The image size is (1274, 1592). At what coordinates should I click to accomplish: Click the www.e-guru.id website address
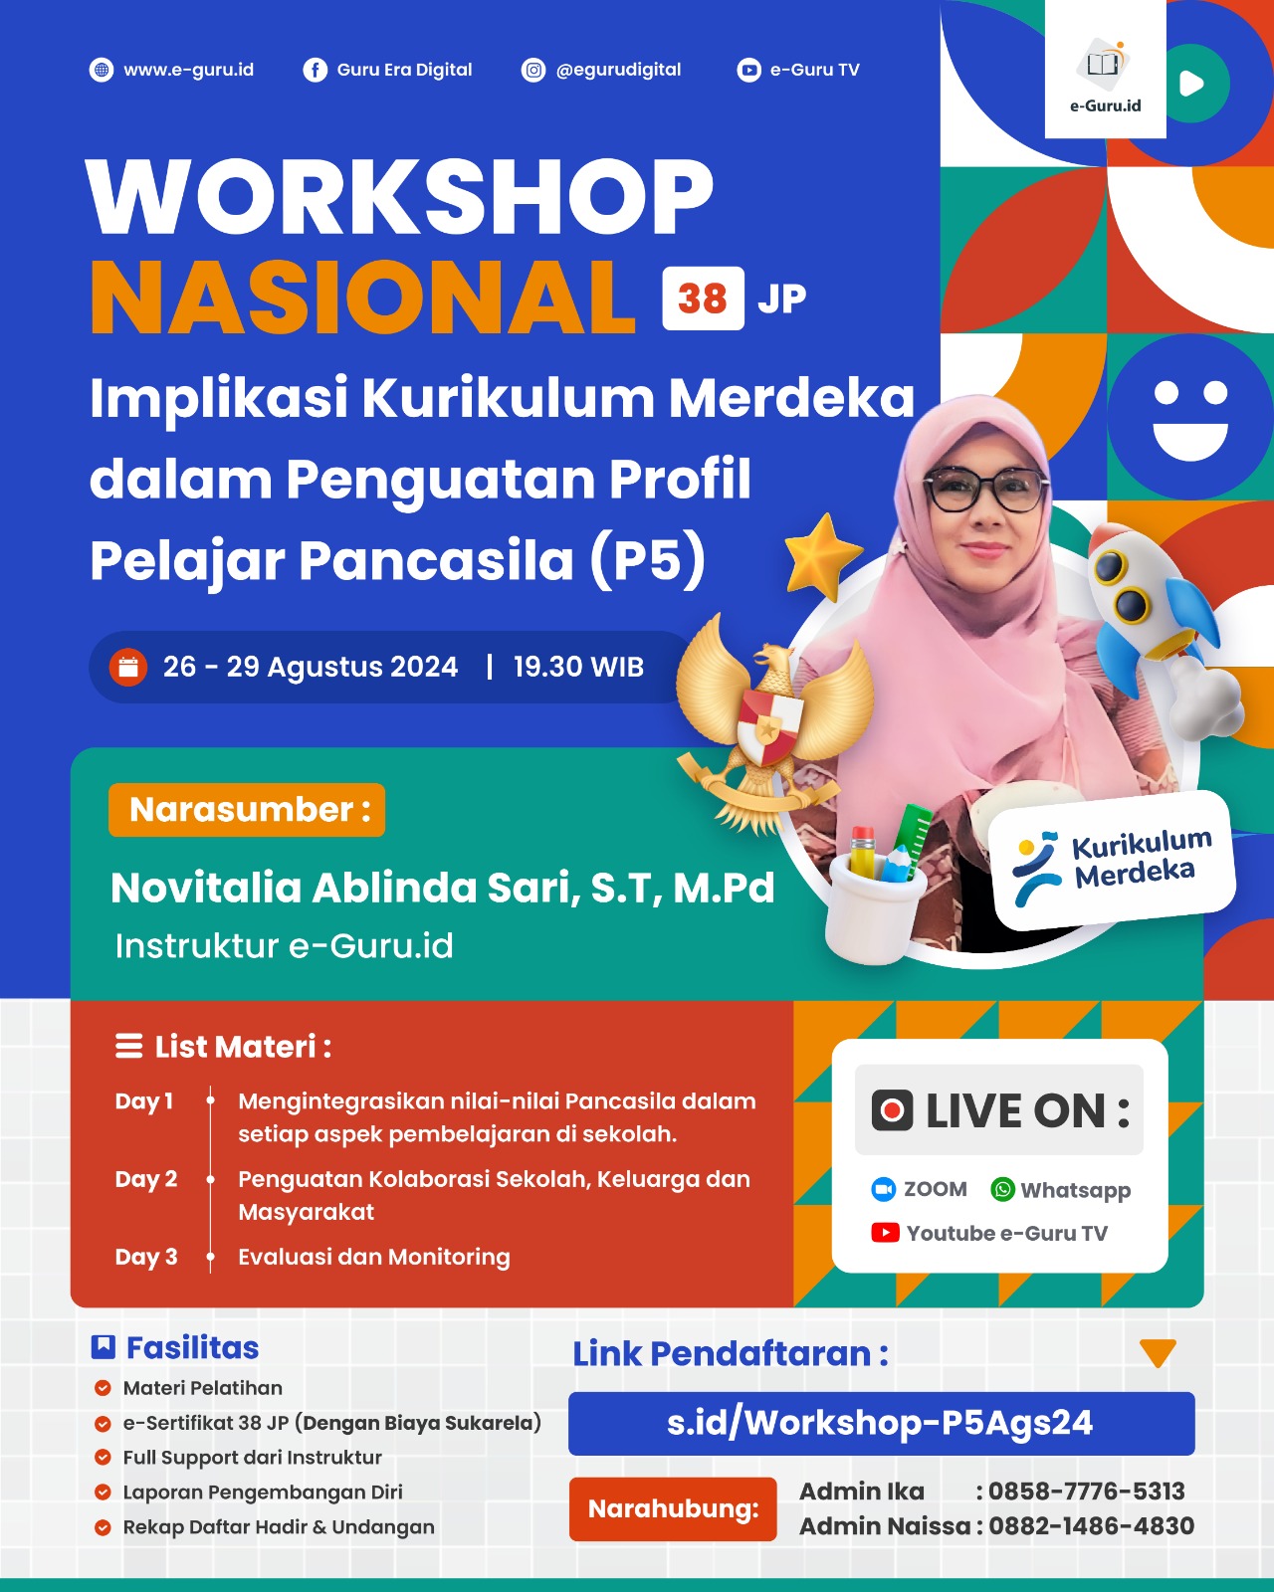pyautogui.click(x=188, y=71)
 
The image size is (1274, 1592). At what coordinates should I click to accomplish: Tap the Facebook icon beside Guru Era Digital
pyautogui.click(x=315, y=71)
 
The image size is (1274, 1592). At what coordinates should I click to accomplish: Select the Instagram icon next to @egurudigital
pyautogui.click(x=533, y=71)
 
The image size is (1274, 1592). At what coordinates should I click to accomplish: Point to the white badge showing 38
pyautogui.click(x=703, y=298)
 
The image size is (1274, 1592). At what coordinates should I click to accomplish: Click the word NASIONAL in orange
pyautogui.click(x=362, y=298)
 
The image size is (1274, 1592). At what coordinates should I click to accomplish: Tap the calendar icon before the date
pyautogui.click(x=128, y=668)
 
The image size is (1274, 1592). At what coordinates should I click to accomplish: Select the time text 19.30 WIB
pyautogui.click(x=578, y=668)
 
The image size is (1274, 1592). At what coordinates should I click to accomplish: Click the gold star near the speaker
pyautogui.click(x=822, y=556)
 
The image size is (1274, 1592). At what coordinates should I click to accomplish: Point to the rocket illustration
pyautogui.click(x=1159, y=629)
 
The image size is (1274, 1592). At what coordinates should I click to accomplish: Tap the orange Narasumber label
pyautogui.click(x=247, y=810)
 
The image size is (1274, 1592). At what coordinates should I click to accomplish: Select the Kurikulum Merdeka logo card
pyautogui.click(x=1112, y=861)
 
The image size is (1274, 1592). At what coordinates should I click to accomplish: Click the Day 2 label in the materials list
pyautogui.click(x=146, y=1179)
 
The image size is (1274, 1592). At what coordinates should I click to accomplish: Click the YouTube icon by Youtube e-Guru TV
pyautogui.click(x=885, y=1233)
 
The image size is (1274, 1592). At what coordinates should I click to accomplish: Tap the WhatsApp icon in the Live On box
pyautogui.click(x=1002, y=1190)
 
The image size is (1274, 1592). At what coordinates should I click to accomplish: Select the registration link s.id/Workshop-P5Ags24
pyautogui.click(x=880, y=1423)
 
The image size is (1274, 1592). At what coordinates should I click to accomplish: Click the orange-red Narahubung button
pyautogui.click(x=673, y=1509)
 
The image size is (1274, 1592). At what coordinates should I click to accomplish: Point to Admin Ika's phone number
pyautogui.click(x=1086, y=1491)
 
